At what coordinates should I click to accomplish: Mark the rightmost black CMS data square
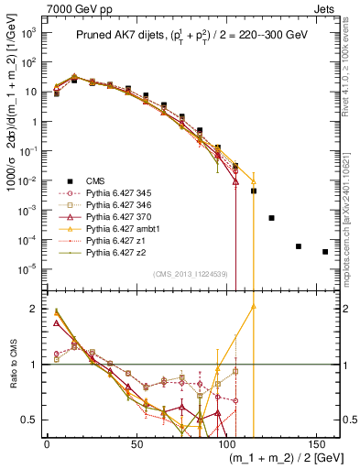pyautogui.click(x=325, y=252)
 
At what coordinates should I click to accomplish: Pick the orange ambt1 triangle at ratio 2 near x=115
pyautogui.click(x=253, y=308)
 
